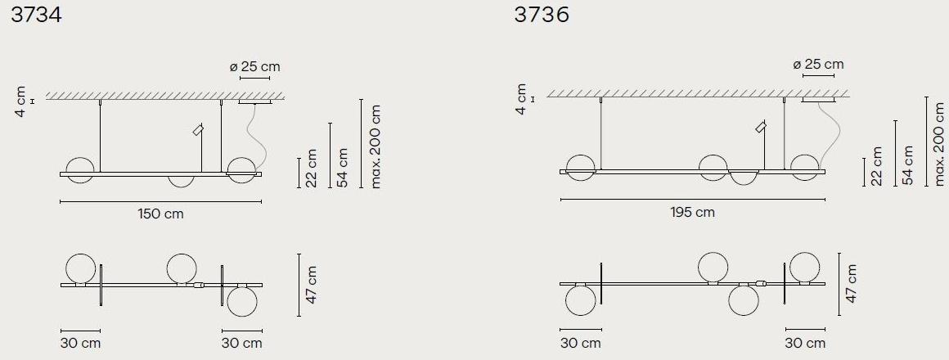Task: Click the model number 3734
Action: pyautogui.click(x=36, y=15)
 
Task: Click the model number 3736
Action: pyautogui.click(x=541, y=15)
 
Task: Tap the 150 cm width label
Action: pyautogui.click(x=160, y=214)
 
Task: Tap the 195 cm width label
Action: pyautogui.click(x=692, y=213)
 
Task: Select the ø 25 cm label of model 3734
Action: pyautogui.click(x=254, y=66)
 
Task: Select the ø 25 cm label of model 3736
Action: pyautogui.click(x=818, y=64)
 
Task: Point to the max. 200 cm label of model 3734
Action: pyautogui.click(x=376, y=146)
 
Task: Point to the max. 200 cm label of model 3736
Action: pyautogui.click(x=938, y=144)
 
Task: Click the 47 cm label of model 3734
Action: pyautogui.click(x=310, y=285)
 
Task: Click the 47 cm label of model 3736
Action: pyautogui.click(x=851, y=283)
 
